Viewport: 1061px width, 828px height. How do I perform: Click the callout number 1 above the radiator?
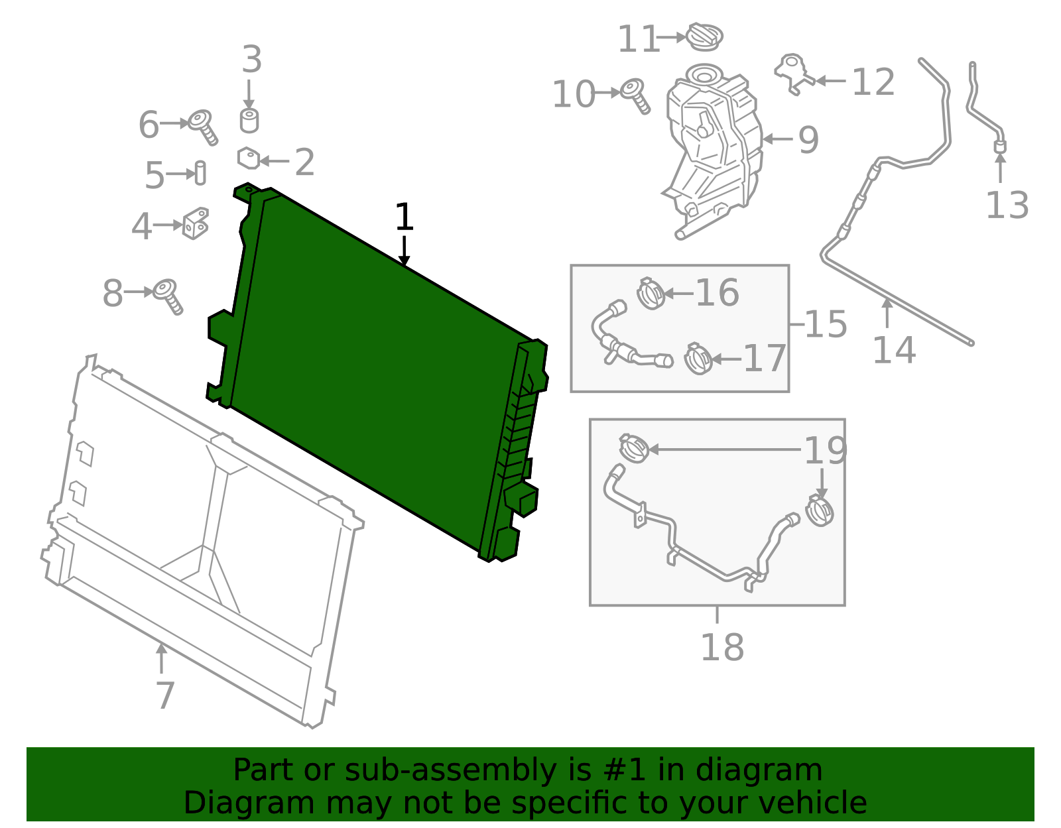coord(405,217)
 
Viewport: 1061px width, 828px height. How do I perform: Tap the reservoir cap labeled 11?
coord(704,36)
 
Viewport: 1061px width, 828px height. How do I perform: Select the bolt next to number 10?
coord(636,96)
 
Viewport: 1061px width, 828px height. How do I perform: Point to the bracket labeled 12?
coord(794,73)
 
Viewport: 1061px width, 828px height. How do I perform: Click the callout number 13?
coord(1007,205)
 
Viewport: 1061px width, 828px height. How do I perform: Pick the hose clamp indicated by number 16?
coord(651,293)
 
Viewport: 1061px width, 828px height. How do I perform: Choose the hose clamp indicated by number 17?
coord(698,359)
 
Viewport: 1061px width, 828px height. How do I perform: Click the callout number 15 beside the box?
coord(825,324)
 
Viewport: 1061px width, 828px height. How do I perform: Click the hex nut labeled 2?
coord(249,158)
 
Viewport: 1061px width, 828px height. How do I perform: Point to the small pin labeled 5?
coord(200,173)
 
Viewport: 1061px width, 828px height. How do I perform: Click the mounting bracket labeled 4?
coord(196,223)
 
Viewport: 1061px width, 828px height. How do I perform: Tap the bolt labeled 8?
coord(168,297)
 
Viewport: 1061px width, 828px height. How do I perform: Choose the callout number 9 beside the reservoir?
coord(808,140)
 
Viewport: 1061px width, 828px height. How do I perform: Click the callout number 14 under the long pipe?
coord(893,350)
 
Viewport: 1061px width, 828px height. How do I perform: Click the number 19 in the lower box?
coord(825,450)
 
